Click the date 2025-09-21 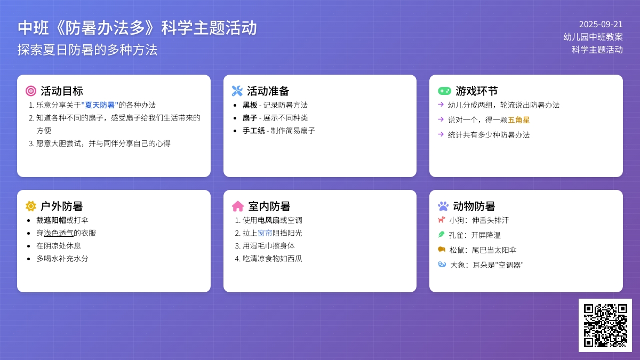(601, 25)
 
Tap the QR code (605, 325)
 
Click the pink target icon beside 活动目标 (31, 91)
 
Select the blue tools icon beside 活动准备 (237, 91)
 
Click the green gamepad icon (444, 91)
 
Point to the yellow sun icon (31, 206)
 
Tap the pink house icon (238, 206)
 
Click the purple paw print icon (443, 206)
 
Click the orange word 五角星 (518, 120)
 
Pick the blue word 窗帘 (265, 233)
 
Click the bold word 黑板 (250, 105)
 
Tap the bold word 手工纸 (254, 131)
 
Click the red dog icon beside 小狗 (442, 220)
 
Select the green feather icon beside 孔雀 (442, 235)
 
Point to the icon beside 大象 (442, 265)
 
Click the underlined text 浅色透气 (59, 233)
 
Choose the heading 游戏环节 (477, 91)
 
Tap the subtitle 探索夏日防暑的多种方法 (87, 50)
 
